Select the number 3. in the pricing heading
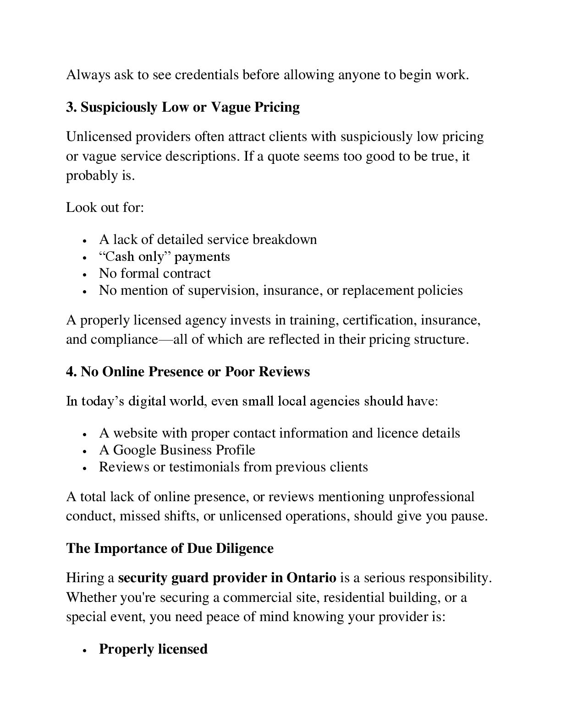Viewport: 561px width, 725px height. [x=71, y=107]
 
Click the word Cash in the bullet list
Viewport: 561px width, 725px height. [x=118, y=256]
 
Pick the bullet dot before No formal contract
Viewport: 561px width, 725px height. [x=85, y=275]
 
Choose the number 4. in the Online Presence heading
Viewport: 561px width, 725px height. [x=71, y=372]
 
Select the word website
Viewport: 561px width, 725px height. [x=135, y=433]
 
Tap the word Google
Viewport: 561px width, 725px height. [x=134, y=450]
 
